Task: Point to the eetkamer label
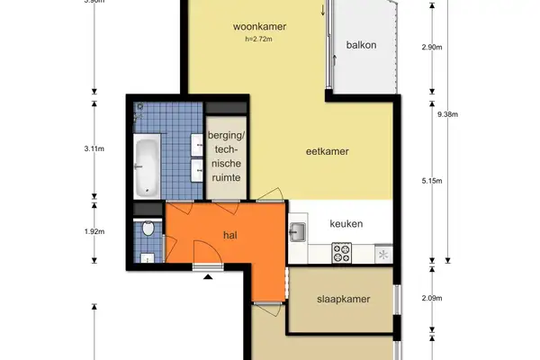tap(326, 151)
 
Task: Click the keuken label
tap(346, 224)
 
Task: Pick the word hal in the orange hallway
tap(231, 235)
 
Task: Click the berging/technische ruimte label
tap(225, 157)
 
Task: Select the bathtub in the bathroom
tap(147, 167)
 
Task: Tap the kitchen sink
tap(298, 233)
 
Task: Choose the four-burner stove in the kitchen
tap(342, 255)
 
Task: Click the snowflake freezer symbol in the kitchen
tap(384, 256)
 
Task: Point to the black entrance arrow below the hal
tap(209, 278)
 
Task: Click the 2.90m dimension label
tap(434, 47)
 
